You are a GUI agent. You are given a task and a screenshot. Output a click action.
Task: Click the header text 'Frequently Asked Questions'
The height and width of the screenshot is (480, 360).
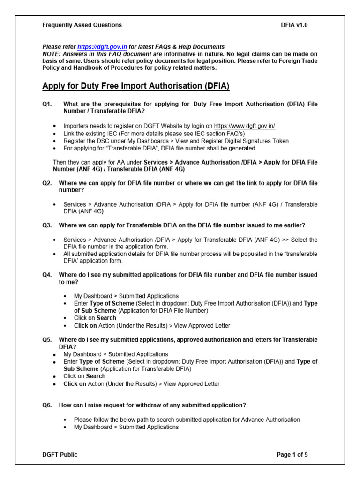pos(82,25)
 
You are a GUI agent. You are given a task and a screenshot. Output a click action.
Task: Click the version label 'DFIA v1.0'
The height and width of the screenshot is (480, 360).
pos(293,25)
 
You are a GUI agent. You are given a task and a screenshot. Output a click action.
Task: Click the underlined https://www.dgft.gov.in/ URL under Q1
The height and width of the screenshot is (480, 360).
pos(244,126)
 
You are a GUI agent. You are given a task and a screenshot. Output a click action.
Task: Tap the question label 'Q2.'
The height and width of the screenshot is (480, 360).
pos(47,183)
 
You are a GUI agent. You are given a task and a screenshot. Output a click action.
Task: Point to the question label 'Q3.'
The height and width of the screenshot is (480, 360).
pos(47,225)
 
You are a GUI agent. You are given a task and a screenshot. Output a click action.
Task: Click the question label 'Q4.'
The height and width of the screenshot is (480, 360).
pos(47,275)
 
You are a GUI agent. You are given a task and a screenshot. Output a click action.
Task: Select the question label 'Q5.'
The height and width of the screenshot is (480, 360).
pos(47,339)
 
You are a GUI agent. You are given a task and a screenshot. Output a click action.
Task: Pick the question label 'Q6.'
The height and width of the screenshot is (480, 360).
pos(47,405)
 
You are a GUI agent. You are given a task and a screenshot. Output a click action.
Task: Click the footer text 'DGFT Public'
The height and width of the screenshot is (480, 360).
pos(60,454)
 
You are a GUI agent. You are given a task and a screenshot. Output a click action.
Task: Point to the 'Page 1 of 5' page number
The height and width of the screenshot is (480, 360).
pos(292,454)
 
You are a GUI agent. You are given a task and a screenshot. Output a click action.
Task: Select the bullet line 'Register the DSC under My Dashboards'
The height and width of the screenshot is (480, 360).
pos(177,141)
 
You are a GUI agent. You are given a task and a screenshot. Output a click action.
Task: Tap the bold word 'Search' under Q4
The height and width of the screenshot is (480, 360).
pos(106,318)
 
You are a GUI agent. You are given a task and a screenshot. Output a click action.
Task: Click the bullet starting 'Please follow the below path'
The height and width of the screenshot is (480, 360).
pos(187,420)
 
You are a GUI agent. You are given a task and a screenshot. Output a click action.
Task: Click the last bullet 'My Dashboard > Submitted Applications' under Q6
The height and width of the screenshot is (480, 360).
pos(126,427)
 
